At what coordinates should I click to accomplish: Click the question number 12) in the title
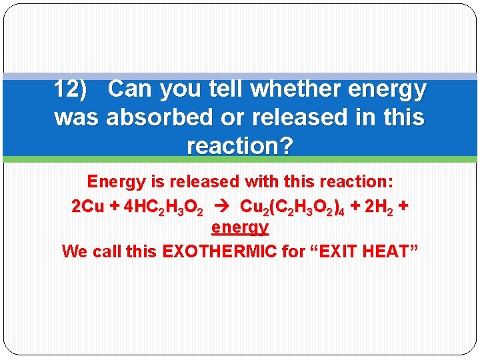point(70,89)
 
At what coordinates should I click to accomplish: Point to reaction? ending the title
point(239,146)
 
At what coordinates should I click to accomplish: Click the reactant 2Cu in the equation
point(88,207)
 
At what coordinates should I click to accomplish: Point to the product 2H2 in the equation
point(378,207)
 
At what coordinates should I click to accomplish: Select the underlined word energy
point(239,228)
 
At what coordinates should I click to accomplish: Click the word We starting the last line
point(73,251)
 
